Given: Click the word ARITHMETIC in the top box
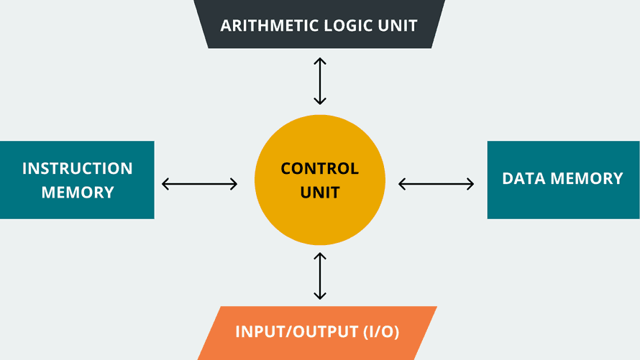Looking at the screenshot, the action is tap(270, 26).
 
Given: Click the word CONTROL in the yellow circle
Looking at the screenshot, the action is tap(319, 168).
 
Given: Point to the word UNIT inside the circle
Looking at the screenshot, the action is tap(320, 193).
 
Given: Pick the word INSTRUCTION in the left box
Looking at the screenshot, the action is tap(78, 168).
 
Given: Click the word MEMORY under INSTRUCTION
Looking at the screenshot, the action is tap(78, 193).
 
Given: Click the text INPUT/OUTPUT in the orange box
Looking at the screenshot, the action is tap(297, 331).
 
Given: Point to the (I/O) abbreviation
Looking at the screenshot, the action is tap(381, 331).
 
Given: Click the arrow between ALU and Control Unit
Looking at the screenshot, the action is tap(320, 81).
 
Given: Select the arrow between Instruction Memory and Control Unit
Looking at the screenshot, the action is tap(200, 184).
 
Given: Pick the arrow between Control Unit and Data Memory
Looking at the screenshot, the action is tap(436, 184).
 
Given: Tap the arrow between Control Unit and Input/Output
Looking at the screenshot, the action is tap(320, 276).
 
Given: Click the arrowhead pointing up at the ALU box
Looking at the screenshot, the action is tap(320, 61).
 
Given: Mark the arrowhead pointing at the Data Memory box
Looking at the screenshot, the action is tap(470, 184).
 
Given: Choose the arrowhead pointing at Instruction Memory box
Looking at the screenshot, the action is tap(165, 184).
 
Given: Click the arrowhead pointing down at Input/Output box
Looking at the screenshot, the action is tap(320, 296).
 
